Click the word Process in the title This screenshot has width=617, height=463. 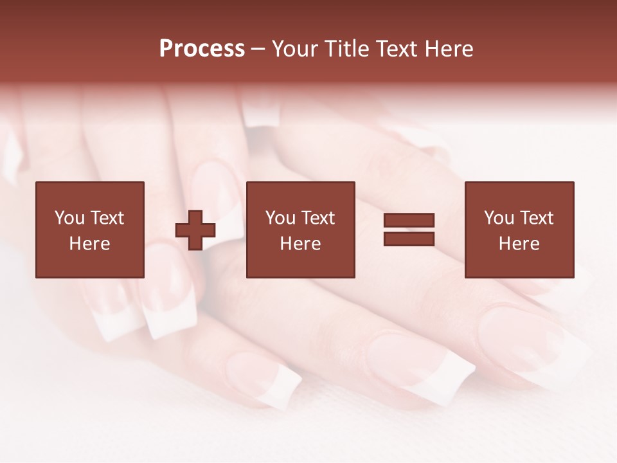[x=202, y=49]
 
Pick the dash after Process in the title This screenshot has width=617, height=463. [x=258, y=50]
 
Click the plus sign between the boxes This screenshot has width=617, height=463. [x=195, y=230]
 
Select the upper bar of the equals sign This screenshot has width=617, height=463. [x=409, y=220]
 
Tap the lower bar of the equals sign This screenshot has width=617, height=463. [x=409, y=239]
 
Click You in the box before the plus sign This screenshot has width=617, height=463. [x=69, y=218]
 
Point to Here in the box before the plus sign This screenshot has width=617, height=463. [x=89, y=244]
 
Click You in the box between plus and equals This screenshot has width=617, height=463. [x=280, y=218]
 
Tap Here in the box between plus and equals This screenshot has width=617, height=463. [x=300, y=244]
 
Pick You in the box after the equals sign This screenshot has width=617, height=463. [x=499, y=218]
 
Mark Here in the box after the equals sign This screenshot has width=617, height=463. [x=519, y=244]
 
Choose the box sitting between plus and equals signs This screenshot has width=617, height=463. [x=300, y=264]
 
